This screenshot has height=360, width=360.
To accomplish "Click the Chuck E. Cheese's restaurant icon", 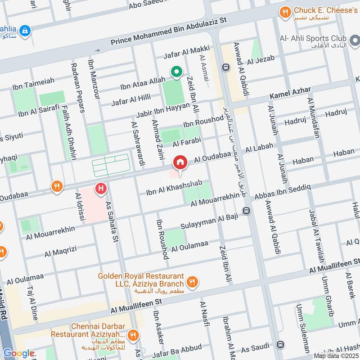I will [x=284, y=12].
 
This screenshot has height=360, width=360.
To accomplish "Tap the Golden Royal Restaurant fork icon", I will [x=193, y=282].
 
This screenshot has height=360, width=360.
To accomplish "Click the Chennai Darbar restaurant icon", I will [x=133, y=335].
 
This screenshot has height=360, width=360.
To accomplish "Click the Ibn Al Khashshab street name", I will [x=177, y=189].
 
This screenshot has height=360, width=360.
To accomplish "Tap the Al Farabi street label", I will [x=186, y=144].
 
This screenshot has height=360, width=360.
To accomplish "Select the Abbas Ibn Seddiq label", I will [x=283, y=192].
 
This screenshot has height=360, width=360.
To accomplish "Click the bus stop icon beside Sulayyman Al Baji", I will [x=247, y=211].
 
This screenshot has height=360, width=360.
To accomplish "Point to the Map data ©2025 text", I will [x=336, y=356].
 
